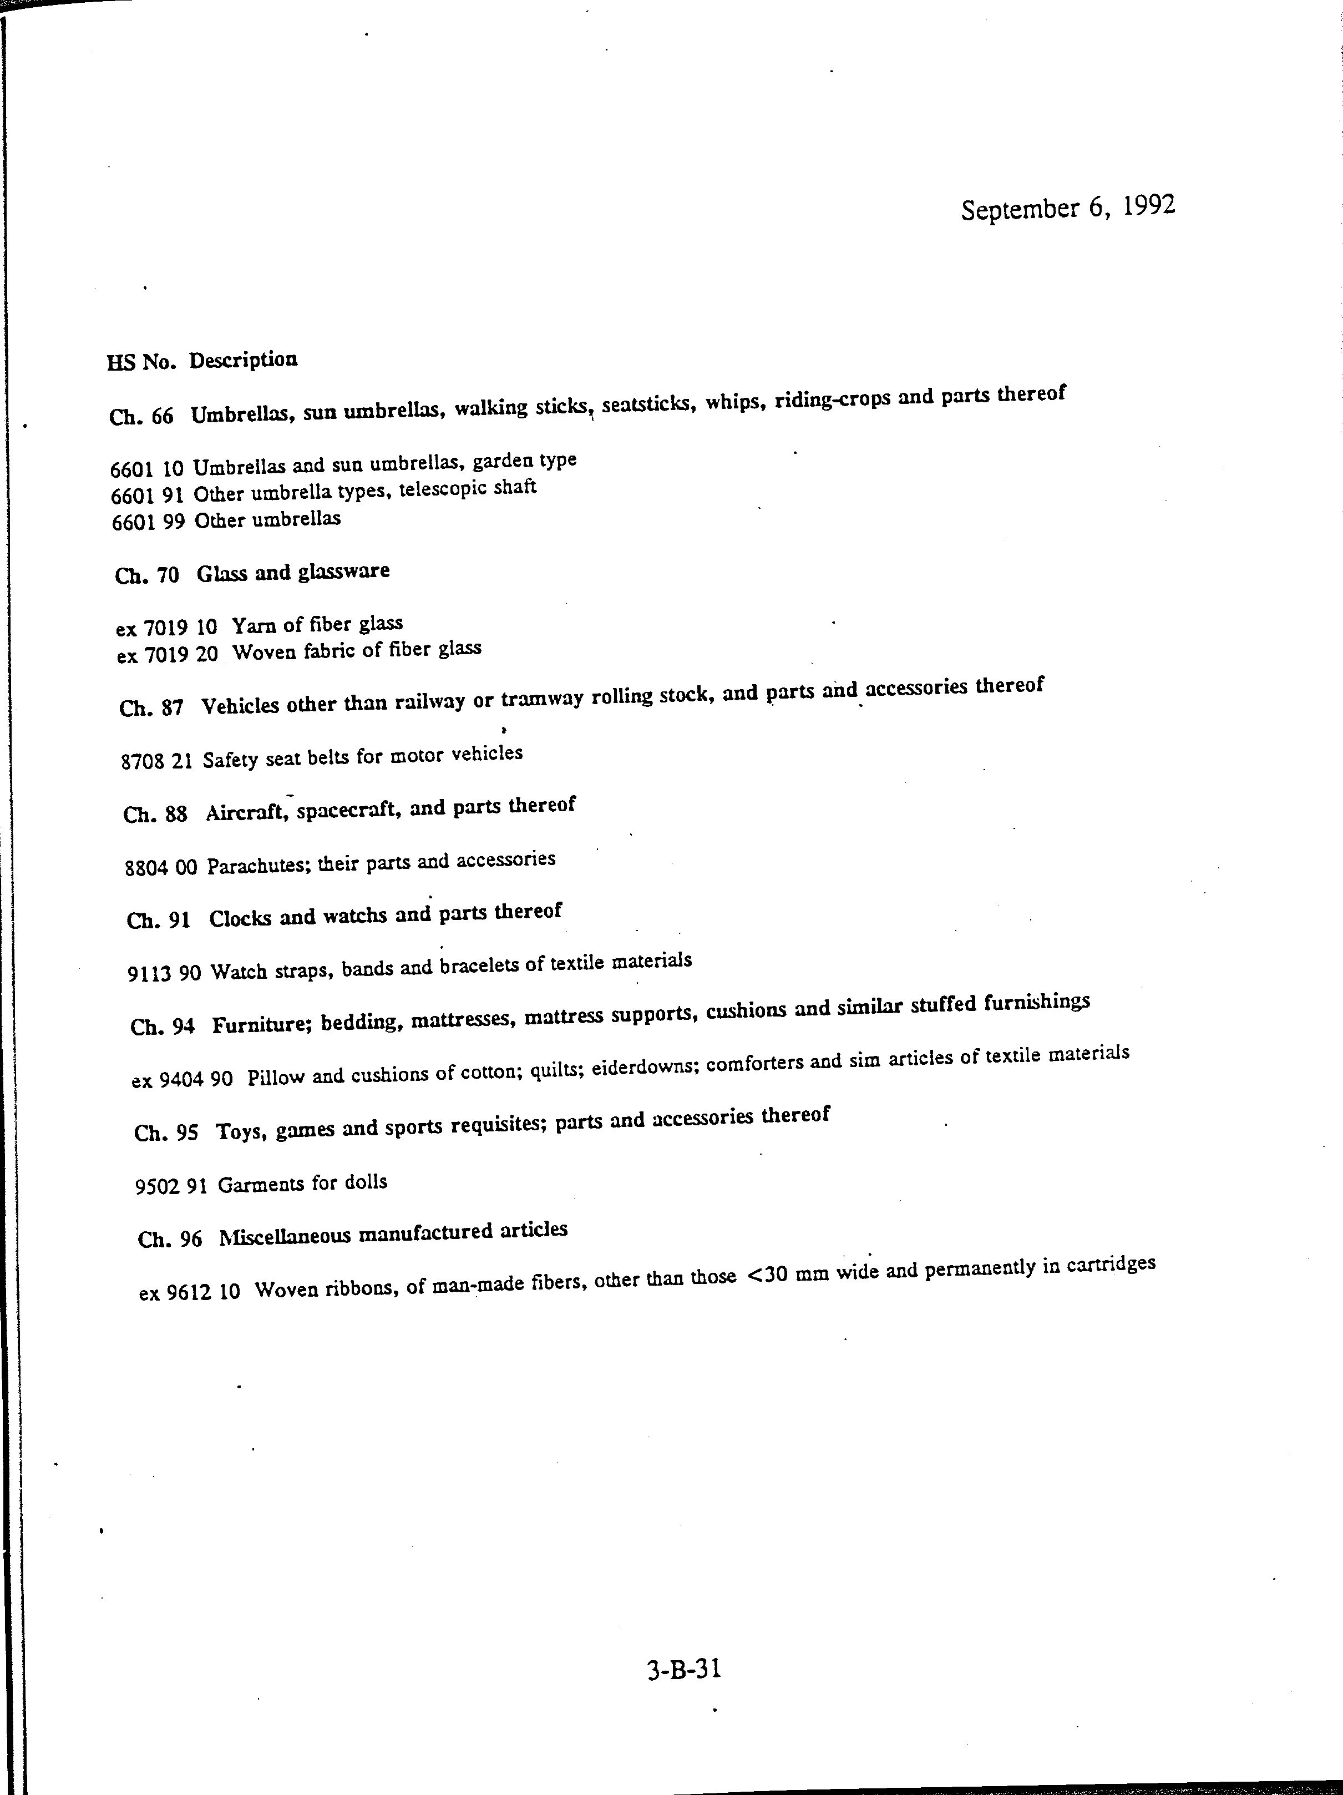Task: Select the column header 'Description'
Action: tap(244, 360)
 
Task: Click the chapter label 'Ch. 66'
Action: tap(141, 416)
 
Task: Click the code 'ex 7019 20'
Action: tap(167, 654)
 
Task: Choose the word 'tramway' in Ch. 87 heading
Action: tap(541, 700)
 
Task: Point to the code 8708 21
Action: tap(156, 761)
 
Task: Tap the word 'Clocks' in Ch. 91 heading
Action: tap(240, 919)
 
